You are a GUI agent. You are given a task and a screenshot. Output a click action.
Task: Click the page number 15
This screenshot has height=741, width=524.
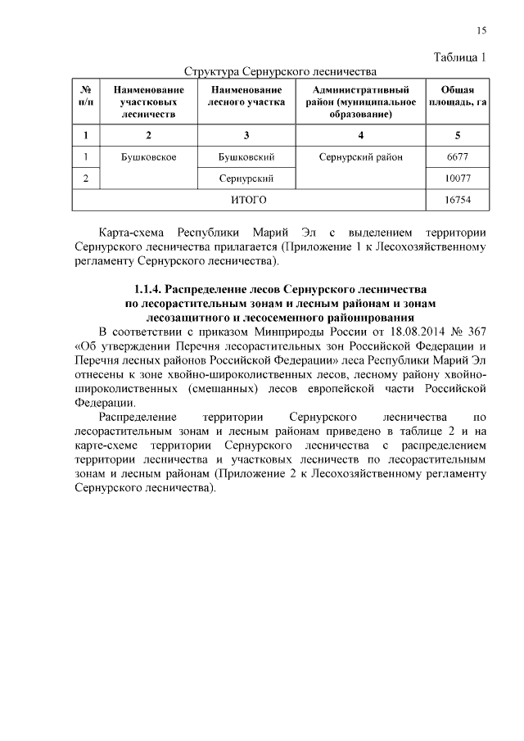coord(481,30)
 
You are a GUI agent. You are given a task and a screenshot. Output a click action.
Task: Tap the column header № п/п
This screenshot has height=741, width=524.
coord(86,96)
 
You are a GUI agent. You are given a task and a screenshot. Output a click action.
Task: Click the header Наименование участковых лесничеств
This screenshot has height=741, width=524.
coord(148,102)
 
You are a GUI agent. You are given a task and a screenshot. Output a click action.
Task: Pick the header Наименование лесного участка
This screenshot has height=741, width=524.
coord(246,96)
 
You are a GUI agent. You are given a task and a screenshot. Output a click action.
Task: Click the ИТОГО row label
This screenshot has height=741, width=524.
coord(246,199)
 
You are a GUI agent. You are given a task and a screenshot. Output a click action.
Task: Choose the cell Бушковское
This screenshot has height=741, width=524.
coord(148,156)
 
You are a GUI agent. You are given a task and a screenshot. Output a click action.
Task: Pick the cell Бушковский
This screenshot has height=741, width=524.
coord(246,156)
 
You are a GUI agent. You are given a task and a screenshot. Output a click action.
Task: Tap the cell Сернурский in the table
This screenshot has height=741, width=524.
coord(246,178)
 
